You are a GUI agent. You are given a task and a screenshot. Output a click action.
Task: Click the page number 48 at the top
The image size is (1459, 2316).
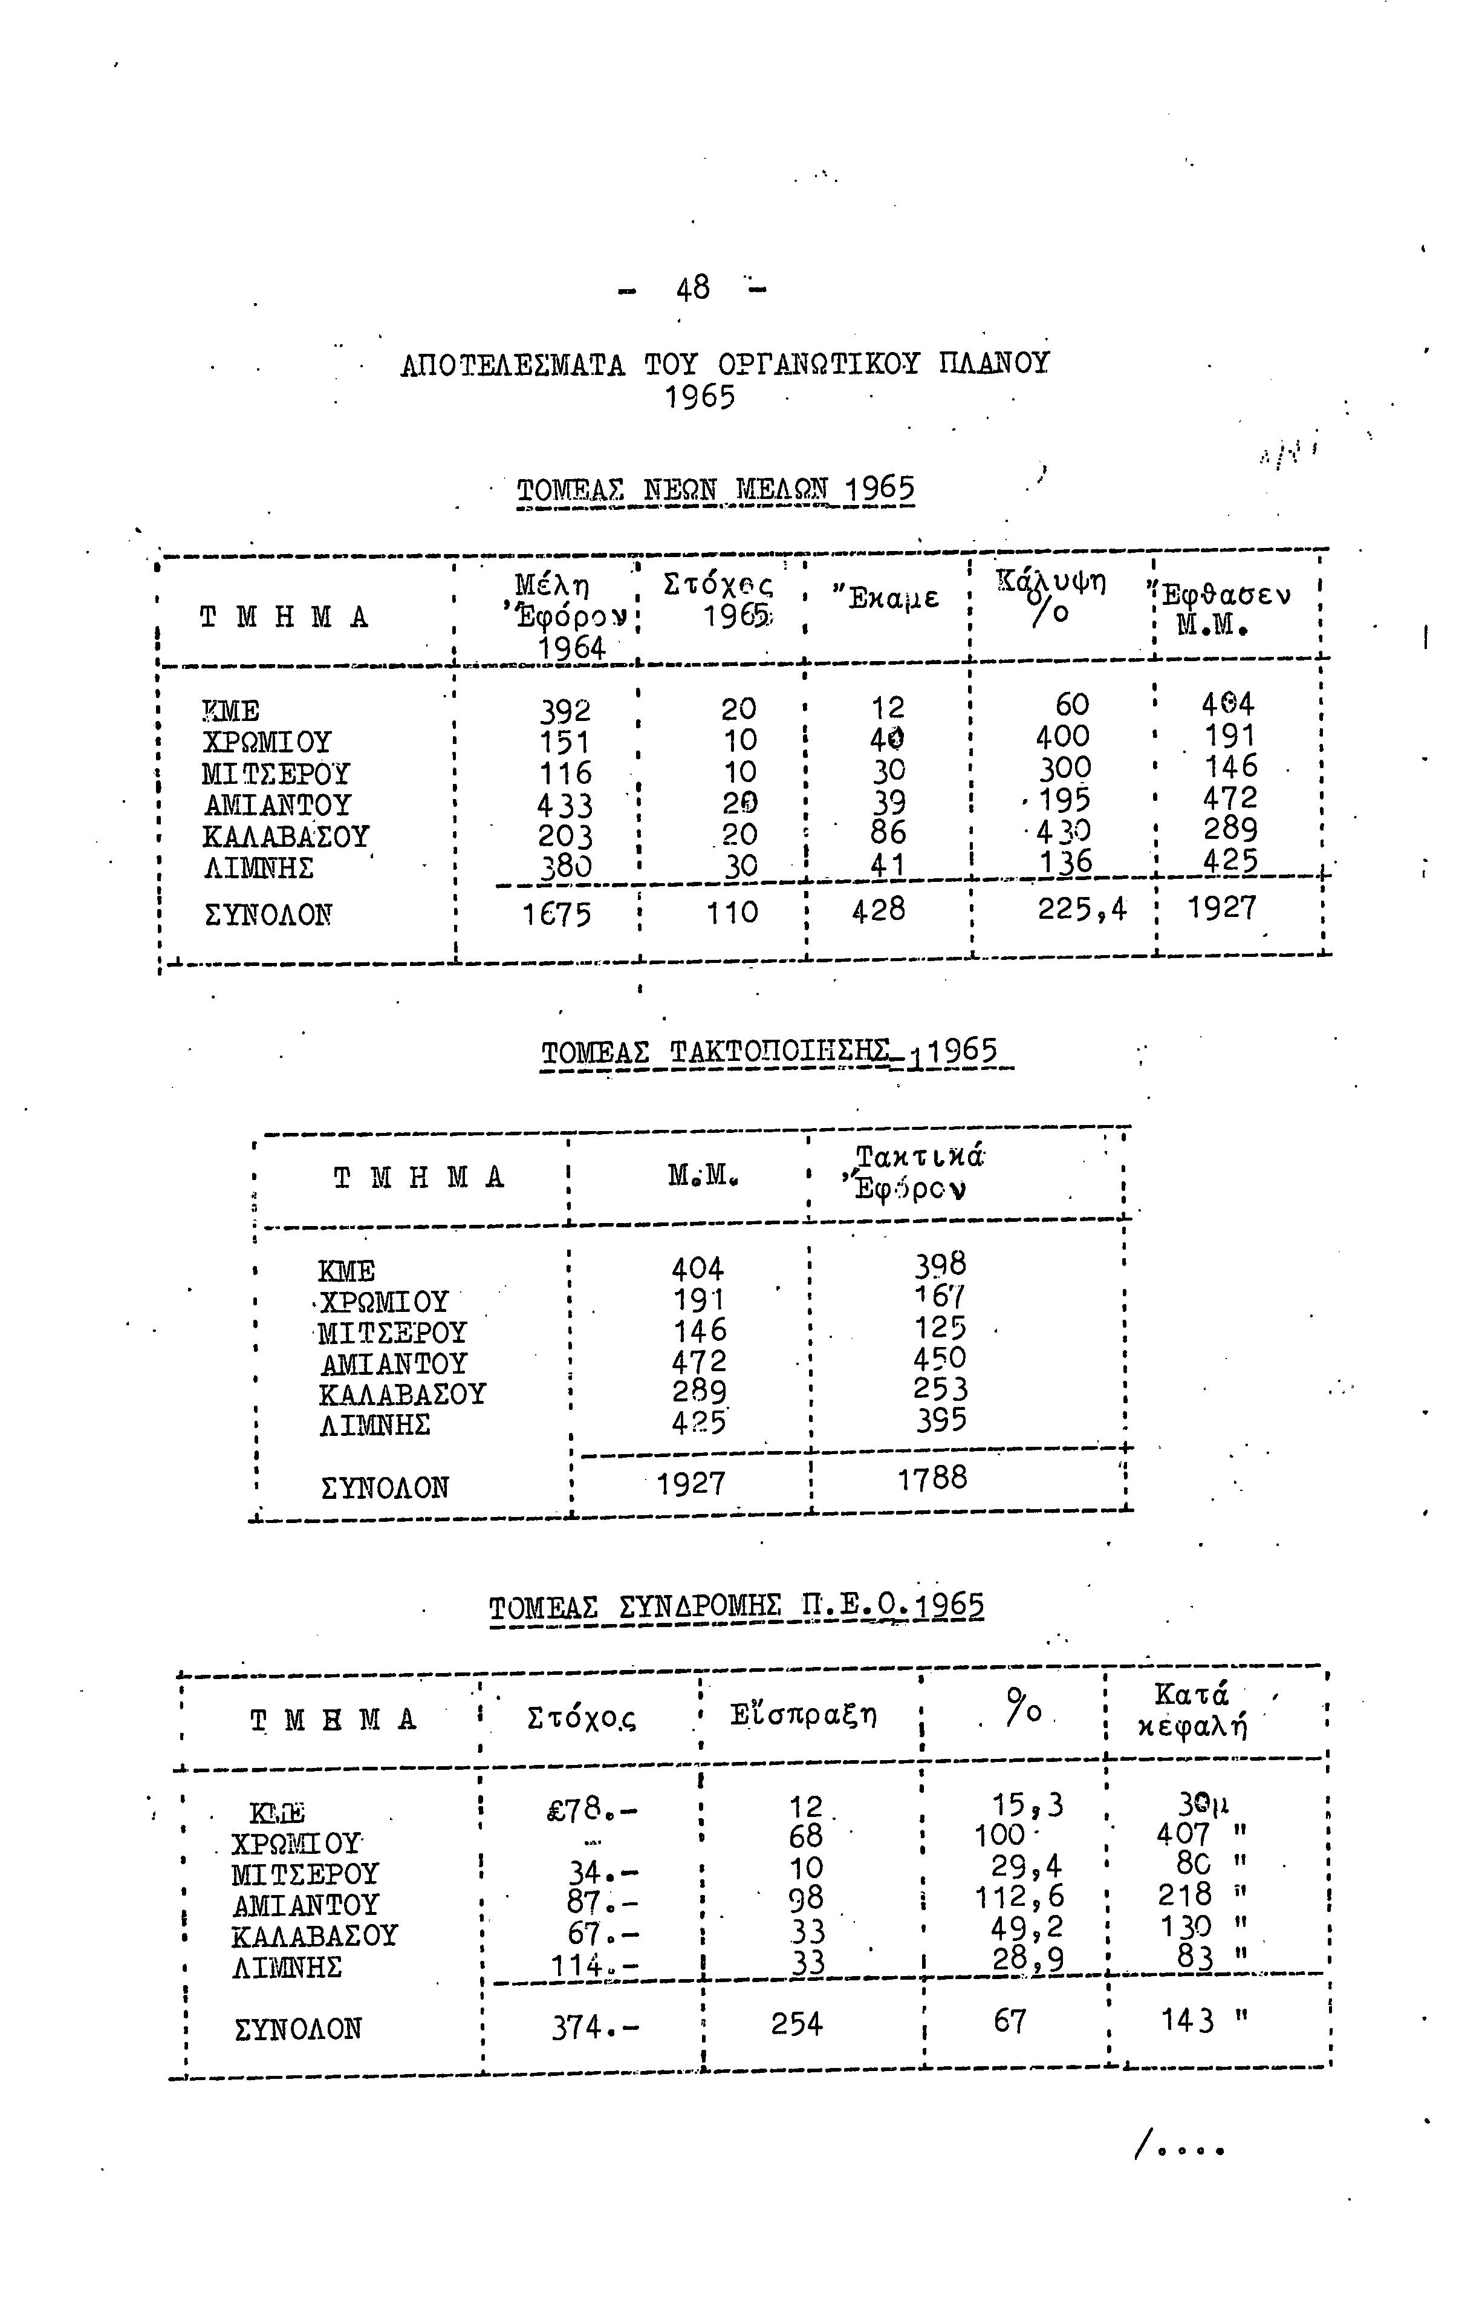tap(692, 287)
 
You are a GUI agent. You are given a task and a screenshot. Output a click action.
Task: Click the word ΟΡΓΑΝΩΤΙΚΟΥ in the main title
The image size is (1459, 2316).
tap(817, 365)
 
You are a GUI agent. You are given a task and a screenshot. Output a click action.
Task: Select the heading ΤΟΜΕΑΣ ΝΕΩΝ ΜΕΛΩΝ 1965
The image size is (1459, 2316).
tap(715, 491)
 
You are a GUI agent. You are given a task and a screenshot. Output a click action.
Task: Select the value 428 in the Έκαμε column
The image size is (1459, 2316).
tap(878, 909)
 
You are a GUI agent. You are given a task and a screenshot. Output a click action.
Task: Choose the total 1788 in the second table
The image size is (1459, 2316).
tap(932, 1477)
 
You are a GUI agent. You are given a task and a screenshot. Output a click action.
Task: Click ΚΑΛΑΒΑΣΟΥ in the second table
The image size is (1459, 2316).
tap(402, 1394)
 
